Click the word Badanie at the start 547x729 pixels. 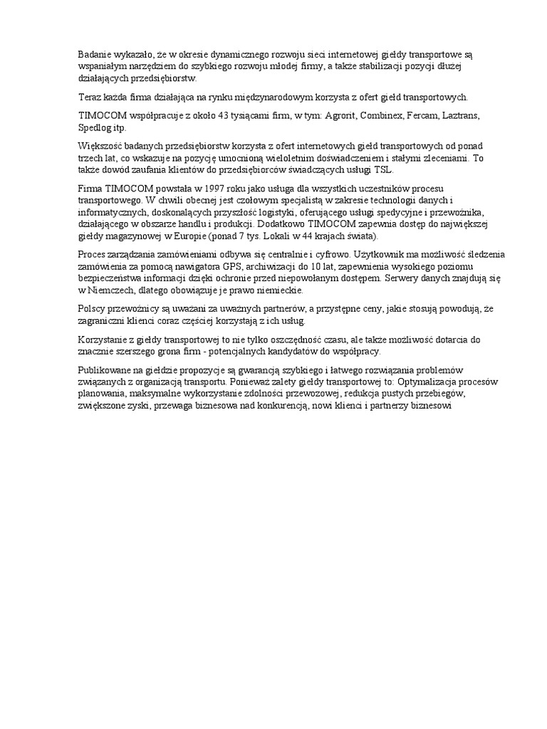pyautogui.click(x=94, y=53)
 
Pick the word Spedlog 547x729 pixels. pyautogui.click(x=95, y=127)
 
